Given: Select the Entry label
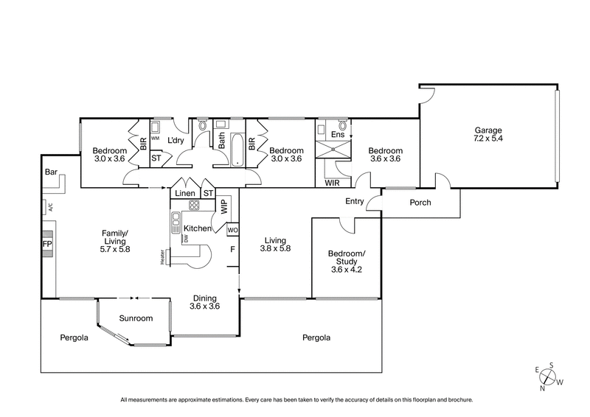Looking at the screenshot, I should click(355, 201).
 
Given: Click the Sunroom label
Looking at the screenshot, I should click(136, 318).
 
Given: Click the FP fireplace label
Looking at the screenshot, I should click(46, 244).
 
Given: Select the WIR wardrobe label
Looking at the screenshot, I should click(333, 182).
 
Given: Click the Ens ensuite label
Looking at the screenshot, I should click(339, 136).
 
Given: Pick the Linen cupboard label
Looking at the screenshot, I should click(184, 194).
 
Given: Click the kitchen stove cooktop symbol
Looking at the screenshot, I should click(194, 206).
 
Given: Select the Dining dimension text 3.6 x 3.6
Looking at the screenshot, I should click(204, 306).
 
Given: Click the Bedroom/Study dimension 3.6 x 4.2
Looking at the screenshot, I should click(347, 270).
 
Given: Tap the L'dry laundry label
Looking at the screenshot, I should click(175, 140).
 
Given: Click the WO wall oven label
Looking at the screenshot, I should click(232, 230).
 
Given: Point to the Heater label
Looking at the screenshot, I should click(161, 256).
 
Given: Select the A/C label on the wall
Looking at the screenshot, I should click(51, 208).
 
